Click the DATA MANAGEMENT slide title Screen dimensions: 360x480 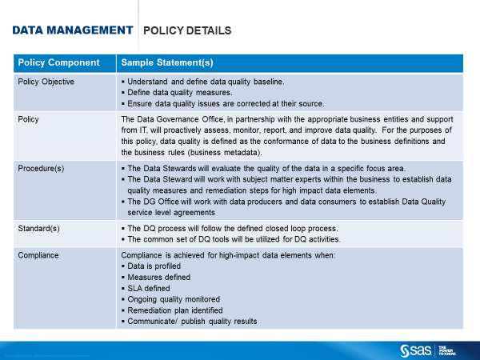pyautogui.click(x=72, y=30)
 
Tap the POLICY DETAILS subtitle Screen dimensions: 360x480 pyautogui.click(x=186, y=31)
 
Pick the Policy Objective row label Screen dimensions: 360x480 pyautogui.click(x=46, y=82)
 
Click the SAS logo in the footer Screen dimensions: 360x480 pyautogui.click(x=416, y=350)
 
